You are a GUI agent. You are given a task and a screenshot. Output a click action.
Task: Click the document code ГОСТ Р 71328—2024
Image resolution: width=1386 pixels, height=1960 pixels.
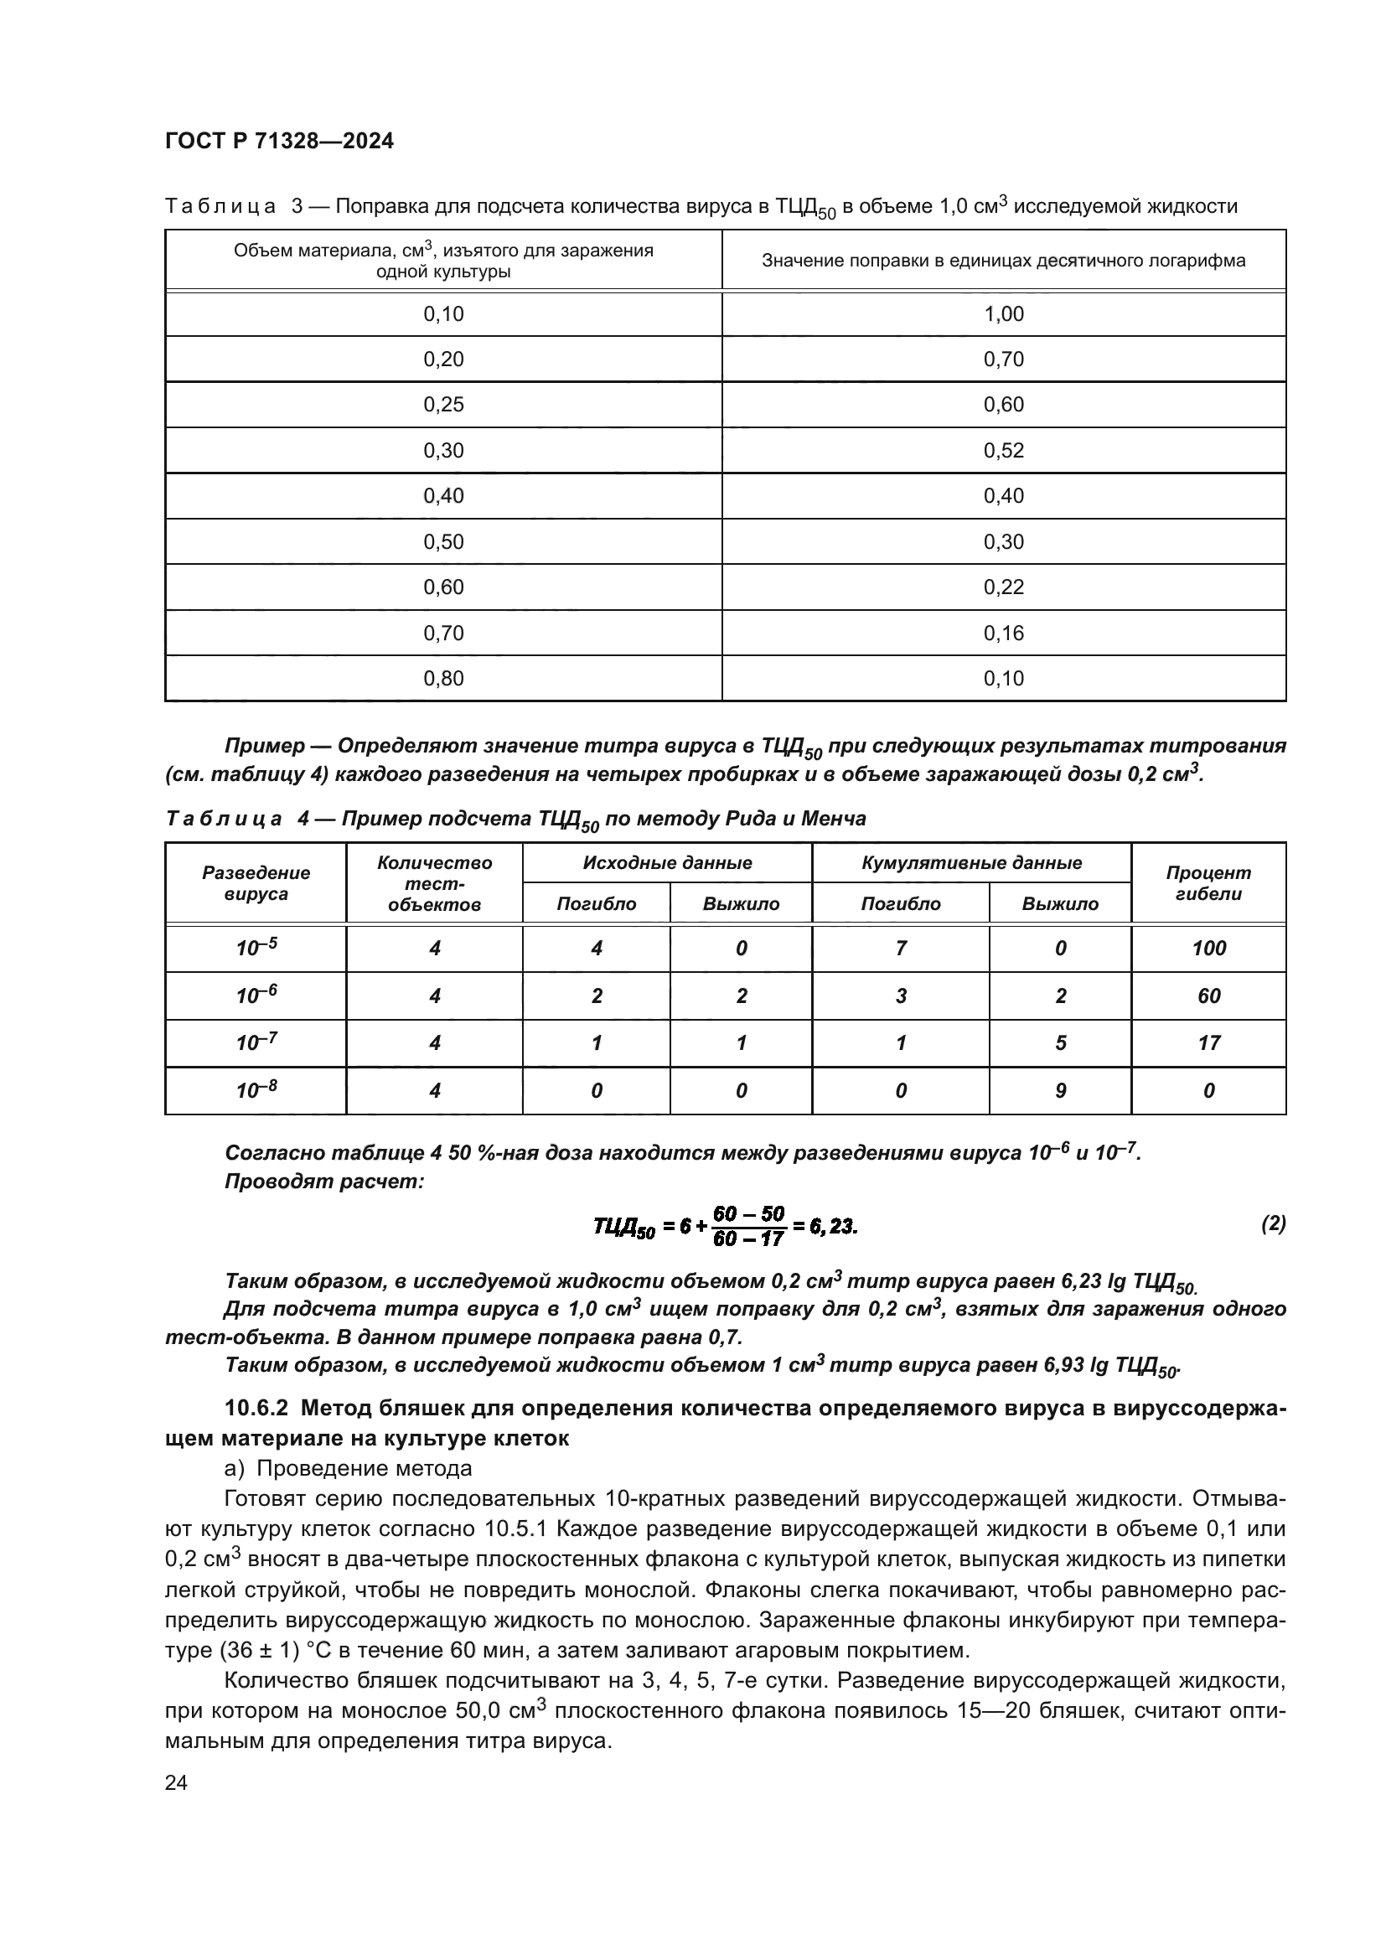point(279,142)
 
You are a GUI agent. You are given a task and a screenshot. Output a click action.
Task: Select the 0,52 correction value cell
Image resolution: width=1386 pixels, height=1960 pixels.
point(1003,451)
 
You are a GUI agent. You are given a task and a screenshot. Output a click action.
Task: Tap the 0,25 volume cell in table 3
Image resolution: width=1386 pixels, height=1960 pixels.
point(444,405)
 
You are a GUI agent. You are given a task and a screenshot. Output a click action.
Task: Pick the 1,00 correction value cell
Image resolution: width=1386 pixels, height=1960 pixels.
point(1003,314)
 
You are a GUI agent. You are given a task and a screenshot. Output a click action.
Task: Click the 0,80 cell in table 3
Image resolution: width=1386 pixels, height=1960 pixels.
point(444,679)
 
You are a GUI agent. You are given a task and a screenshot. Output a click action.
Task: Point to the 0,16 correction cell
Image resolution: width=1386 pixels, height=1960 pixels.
point(1003,634)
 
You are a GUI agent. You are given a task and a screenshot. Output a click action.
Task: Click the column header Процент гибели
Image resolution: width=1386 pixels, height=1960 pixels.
point(1208,882)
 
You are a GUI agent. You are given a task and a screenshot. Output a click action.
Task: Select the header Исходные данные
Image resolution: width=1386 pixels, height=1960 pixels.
point(666,863)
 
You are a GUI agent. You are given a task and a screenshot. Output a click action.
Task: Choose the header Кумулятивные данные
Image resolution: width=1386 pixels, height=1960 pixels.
point(971,863)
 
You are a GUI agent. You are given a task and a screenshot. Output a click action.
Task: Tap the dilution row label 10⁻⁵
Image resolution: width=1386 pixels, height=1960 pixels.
point(256,949)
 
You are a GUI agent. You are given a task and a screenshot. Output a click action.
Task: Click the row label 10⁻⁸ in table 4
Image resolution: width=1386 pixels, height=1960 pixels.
point(256,1090)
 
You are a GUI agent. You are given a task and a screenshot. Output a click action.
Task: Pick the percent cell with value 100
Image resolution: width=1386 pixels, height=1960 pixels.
point(1208,949)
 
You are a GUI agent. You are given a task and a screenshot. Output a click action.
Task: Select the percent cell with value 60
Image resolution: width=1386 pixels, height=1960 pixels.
point(1208,996)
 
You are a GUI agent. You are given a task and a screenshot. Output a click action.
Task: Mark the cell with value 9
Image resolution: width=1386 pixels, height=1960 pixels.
point(1060,1091)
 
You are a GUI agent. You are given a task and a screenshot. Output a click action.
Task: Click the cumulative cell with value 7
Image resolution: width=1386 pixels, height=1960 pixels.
point(900,949)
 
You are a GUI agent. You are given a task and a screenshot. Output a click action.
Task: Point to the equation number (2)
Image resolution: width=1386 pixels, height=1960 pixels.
point(1273,1224)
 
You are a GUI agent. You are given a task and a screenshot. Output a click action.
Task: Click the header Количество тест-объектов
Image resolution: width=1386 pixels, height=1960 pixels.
point(434,883)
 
